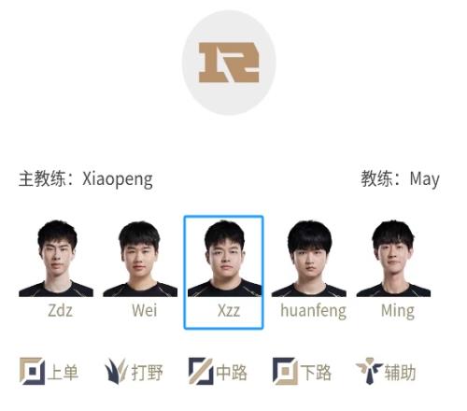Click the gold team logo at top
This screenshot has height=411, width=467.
229,63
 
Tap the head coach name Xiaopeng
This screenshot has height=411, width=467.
118,179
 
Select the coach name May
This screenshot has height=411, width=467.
424,179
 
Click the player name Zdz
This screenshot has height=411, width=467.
61,310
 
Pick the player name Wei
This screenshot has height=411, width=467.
144,310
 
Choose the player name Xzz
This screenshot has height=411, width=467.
229,310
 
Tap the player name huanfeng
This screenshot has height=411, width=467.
313,311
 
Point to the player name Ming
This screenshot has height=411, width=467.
398,311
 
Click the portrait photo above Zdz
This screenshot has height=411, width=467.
56,258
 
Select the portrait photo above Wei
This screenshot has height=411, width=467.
140,258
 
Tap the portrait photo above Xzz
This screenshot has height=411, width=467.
224,258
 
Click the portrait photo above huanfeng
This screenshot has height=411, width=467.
309,258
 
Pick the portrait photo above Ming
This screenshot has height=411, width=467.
393,258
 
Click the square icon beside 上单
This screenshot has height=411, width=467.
32,371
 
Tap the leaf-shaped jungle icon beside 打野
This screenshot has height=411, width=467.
116,371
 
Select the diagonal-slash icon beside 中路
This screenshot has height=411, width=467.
201,371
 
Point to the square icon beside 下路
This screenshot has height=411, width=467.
285,371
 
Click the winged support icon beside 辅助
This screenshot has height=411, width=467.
370,371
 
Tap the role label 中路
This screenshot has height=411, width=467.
232,373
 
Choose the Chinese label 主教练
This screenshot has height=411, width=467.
42,179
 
